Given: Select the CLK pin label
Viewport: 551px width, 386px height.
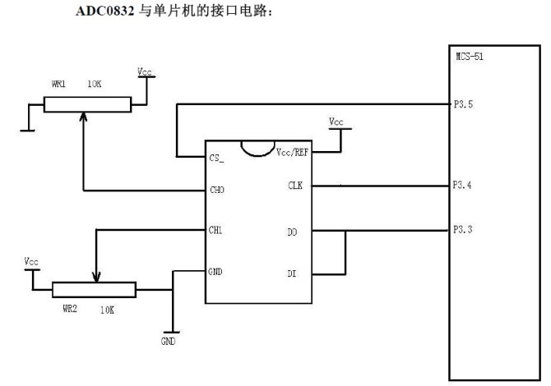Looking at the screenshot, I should [x=295, y=186].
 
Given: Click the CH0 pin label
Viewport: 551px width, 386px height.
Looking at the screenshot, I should [x=218, y=191].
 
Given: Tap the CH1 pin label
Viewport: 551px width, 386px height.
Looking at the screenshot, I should [x=217, y=230].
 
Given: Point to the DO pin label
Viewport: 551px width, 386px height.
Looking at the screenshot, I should [x=294, y=232].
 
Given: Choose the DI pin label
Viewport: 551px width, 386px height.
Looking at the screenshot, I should [x=294, y=272].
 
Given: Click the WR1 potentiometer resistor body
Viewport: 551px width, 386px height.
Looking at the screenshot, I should [x=87, y=104].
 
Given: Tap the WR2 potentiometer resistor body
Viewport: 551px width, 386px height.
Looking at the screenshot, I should [x=94, y=289].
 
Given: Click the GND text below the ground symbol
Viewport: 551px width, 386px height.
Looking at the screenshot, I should [x=168, y=339].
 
